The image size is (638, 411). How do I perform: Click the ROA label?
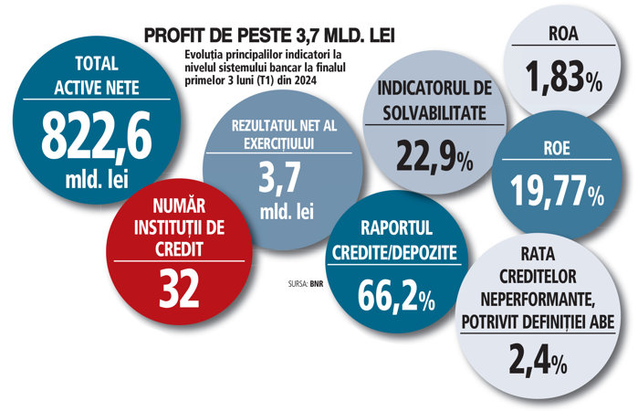tap(562, 37)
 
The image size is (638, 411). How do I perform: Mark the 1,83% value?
tap(562, 77)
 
